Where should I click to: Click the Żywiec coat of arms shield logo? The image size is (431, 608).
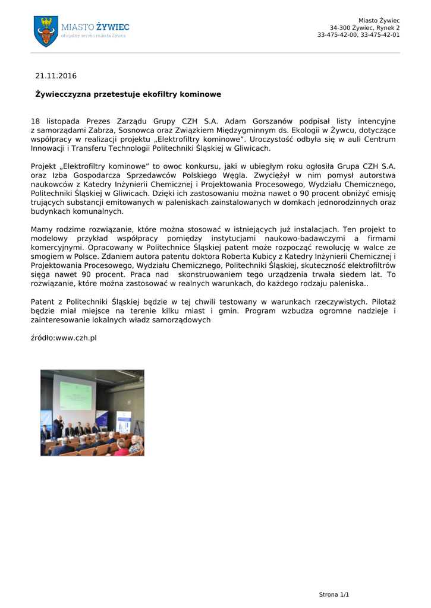point(46,30)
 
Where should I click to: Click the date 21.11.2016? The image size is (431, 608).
point(56,76)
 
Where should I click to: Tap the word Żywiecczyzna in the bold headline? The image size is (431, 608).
point(62,94)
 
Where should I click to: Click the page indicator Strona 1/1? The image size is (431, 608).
point(334,594)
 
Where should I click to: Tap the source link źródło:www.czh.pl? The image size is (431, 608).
point(64,338)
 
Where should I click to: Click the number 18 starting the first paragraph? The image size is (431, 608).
point(35,121)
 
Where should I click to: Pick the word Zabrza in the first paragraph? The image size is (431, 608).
point(93,130)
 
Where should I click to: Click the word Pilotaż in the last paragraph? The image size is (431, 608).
point(383,302)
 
